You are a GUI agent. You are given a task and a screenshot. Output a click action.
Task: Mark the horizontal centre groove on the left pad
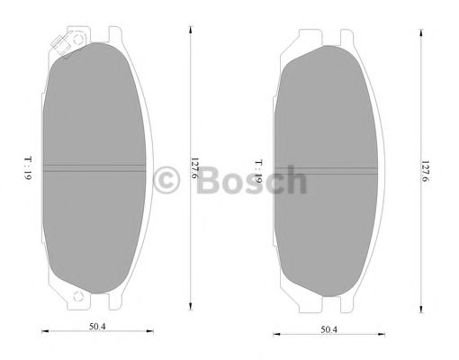[94, 167]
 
